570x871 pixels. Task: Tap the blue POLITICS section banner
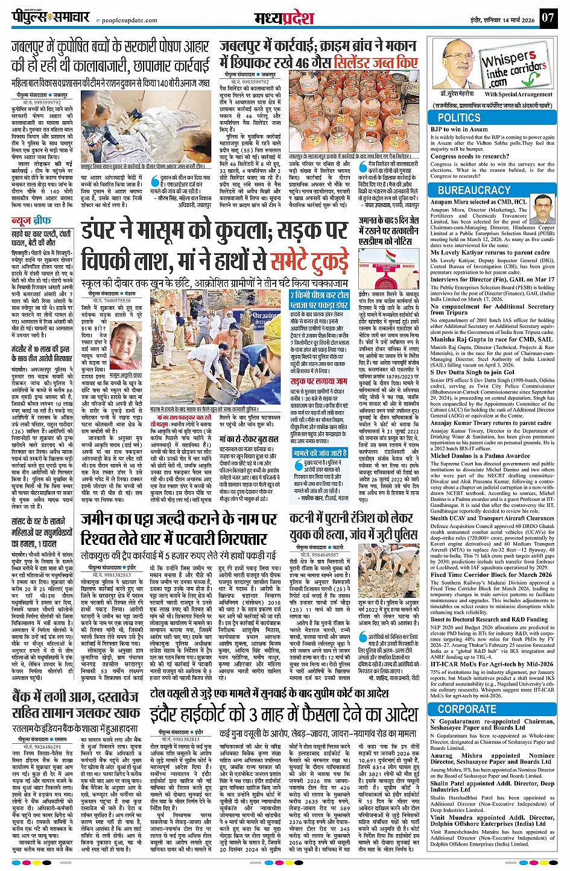pyautogui.click(x=459, y=118)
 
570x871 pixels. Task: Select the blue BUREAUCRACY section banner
pyautogui.click(x=474, y=190)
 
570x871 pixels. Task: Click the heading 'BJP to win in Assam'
pyautogui.click(x=459, y=129)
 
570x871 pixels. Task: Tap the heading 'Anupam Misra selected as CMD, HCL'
pyautogui.click(x=479, y=202)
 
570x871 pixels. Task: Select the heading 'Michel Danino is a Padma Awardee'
pyautogui.click(x=472, y=456)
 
